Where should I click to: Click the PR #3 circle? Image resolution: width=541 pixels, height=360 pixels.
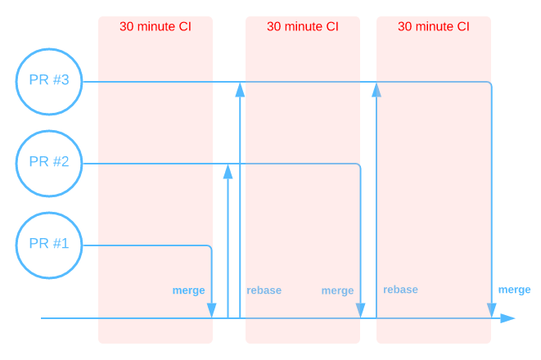click(49, 82)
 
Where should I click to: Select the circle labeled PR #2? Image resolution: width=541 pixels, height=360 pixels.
click(49, 163)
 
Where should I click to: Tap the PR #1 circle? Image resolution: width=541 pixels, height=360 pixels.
click(49, 244)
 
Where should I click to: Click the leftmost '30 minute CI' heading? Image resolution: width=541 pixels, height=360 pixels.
click(156, 26)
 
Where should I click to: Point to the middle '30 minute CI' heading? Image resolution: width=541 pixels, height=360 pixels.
click(303, 26)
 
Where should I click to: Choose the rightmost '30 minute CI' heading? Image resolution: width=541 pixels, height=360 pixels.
click(434, 26)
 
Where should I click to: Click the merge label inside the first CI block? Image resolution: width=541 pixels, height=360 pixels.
click(188, 290)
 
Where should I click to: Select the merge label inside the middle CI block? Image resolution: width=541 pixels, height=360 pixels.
click(337, 290)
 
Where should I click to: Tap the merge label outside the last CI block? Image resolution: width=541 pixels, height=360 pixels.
click(514, 290)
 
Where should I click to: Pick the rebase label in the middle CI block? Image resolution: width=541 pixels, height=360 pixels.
click(264, 290)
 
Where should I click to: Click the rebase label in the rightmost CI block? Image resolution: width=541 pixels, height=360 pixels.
click(400, 290)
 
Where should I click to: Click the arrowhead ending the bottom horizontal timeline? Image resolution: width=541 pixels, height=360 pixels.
click(508, 317)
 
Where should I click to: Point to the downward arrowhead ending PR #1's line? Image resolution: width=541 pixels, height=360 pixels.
click(212, 310)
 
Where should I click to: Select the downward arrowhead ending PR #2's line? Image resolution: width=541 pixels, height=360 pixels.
click(360, 310)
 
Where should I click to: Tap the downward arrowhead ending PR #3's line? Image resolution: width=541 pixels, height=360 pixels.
click(492, 310)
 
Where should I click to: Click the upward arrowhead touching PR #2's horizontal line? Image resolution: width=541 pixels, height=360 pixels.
click(228, 171)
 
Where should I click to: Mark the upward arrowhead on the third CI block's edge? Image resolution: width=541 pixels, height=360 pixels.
click(376, 90)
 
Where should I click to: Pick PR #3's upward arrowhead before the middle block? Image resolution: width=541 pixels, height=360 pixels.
click(240, 90)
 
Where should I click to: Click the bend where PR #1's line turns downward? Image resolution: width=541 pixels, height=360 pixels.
click(211, 246)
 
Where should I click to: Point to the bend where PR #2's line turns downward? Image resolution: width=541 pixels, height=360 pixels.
click(359, 165)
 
